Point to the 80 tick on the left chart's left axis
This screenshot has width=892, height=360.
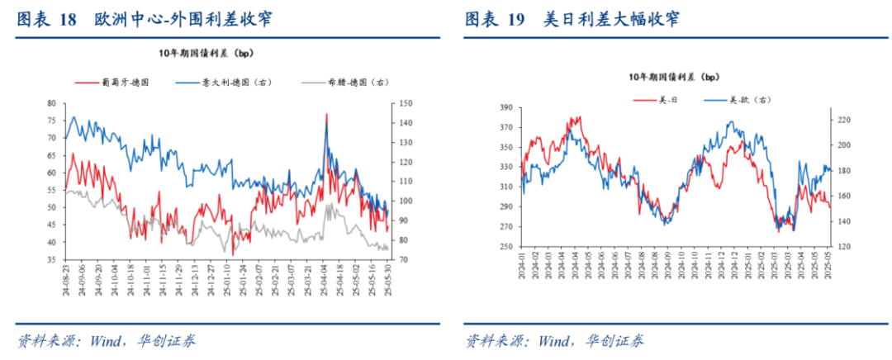tap(51, 103)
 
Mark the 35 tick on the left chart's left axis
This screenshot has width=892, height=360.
tap(51, 260)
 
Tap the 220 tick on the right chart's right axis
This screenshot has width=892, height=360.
tap(839, 120)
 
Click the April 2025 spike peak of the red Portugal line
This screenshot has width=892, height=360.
tap(327, 114)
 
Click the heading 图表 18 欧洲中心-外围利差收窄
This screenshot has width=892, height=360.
tap(144, 18)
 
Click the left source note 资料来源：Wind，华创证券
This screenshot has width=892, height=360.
tap(106, 341)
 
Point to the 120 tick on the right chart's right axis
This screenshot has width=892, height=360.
tap(839, 247)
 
